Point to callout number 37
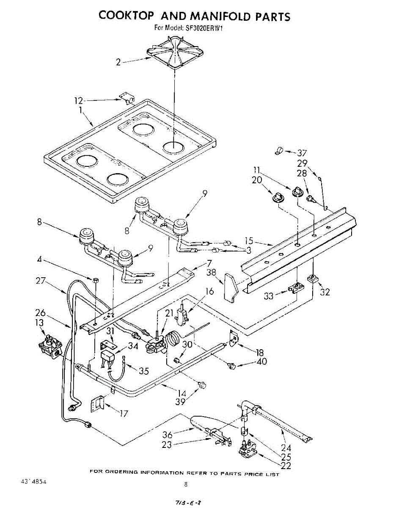(302, 153)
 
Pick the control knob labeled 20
(278, 196)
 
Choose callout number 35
(144, 371)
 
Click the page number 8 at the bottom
(185, 485)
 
